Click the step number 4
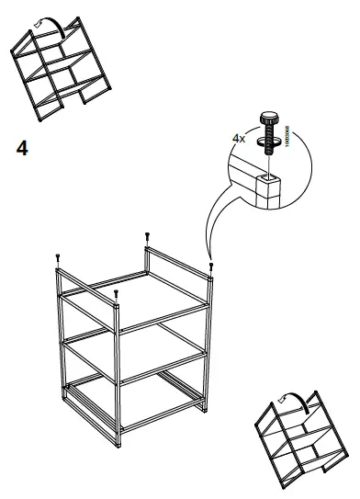click(x=22, y=147)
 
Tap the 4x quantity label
click(x=239, y=139)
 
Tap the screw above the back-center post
click(x=146, y=237)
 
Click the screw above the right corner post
click(x=212, y=266)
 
